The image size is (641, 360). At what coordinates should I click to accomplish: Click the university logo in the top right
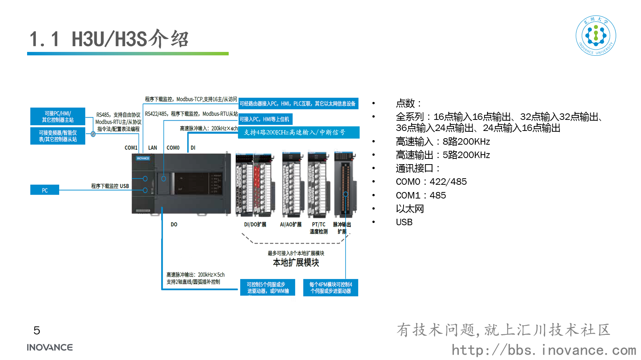pyautogui.click(x=596, y=36)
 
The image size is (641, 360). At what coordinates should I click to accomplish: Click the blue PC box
pyautogui.click(x=45, y=190)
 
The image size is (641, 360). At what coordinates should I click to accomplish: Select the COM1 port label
pyautogui.click(x=131, y=148)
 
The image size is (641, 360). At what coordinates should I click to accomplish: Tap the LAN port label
pyautogui.click(x=152, y=148)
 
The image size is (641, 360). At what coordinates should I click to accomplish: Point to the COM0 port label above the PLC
pyautogui.click(x=173, y=148)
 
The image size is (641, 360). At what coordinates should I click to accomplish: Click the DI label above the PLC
pyautogui.click(x=193, y=148)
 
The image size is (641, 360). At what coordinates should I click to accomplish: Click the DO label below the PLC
pyautogui.click(x=174, y=224)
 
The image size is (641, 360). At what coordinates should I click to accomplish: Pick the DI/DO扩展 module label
pyautogui.click(x=255, y=224)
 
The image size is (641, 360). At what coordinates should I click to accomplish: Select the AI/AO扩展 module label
pyautogui.click(x=291, y=224)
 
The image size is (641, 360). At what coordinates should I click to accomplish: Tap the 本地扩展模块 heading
pyautogui.click(x=296, y=263)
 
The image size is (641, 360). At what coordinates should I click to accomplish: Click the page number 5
pyautogui.click(x=37, y=331)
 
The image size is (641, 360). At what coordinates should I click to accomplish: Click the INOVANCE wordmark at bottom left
pyautogui.click(x=50, y=347)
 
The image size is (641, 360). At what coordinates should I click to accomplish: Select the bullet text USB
pyautogui.click(x=404, y=222)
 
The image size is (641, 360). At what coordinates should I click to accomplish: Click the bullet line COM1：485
pyautogui.click(x=421, y=195)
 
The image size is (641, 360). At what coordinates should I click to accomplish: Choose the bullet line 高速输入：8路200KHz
pyautogui.click(x=443, y=142)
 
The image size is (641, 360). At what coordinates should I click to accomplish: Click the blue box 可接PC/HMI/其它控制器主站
pyautogui.click(x=58, y=116)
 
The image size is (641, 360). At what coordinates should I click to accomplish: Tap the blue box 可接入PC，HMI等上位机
pyautogui.click(x=265, y=119)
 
